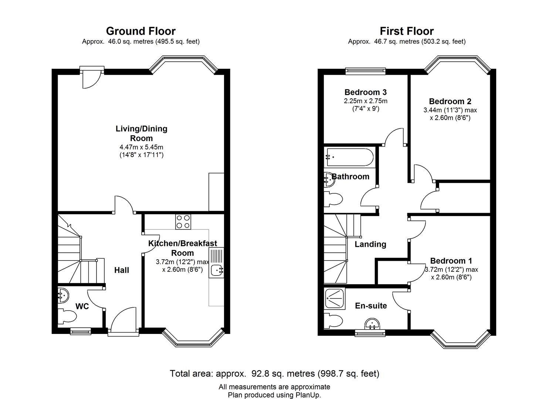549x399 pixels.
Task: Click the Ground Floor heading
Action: (x=141, y=31)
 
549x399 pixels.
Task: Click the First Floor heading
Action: (x=407, y=31)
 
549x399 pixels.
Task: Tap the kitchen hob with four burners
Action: (x=183, y=222)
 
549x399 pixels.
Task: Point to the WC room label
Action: (x=82, y=306)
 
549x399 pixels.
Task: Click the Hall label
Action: (x=122, y=270)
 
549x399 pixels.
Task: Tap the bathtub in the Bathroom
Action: (x=349, y=157)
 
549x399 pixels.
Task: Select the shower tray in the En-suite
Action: (x=335, y=298)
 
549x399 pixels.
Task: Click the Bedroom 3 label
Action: (x=365, y=92)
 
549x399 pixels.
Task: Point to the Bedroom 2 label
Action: (x=450, y=101)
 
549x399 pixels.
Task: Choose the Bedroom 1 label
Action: (x=451, y=260)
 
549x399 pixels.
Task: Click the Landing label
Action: (x=370, y=244)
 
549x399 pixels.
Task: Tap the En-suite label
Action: (x=371, y=306)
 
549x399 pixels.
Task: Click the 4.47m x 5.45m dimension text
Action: (x=141, y=147)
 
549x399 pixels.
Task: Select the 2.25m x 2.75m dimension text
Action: (x=365, y=101)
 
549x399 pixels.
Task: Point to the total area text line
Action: (x=274, y=374)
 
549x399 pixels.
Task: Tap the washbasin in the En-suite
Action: (x=372, y=324)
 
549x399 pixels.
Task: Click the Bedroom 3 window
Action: (x=365, y=71)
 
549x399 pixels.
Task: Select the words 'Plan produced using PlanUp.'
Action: (x=274, y=395)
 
